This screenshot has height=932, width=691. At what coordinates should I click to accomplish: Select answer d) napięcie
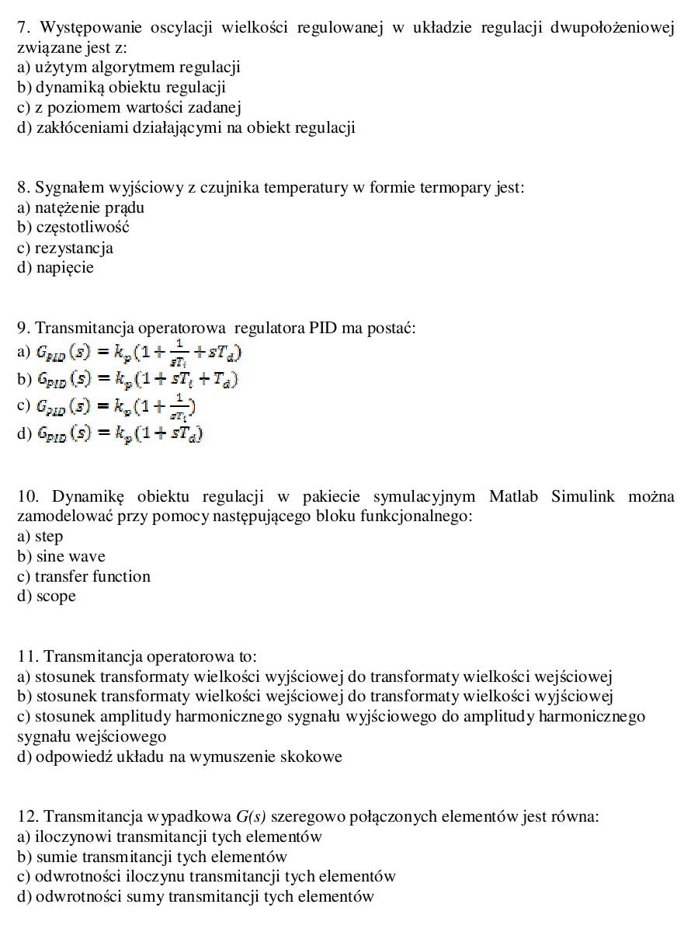(55, 268)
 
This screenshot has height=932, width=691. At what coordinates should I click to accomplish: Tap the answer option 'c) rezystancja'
(65, 249)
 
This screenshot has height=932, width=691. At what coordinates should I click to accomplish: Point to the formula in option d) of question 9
(120, 433)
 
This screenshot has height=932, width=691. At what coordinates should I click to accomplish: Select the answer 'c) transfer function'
(84, 576)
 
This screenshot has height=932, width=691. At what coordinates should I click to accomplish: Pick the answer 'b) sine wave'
(61, 556)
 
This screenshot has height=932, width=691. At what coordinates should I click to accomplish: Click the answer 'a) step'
(40, 537)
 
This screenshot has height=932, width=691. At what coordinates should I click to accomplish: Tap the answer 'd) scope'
(47, 596)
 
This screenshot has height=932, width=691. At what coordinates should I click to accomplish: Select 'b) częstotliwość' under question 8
(73, 228)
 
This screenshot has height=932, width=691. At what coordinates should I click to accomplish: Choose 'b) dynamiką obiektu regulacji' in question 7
(121, 88)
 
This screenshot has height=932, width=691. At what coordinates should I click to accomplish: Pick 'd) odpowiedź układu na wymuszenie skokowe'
(179, 756)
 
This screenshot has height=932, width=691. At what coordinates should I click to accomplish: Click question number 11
(27, 656)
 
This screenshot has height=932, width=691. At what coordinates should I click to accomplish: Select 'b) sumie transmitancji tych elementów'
(152, 857)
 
